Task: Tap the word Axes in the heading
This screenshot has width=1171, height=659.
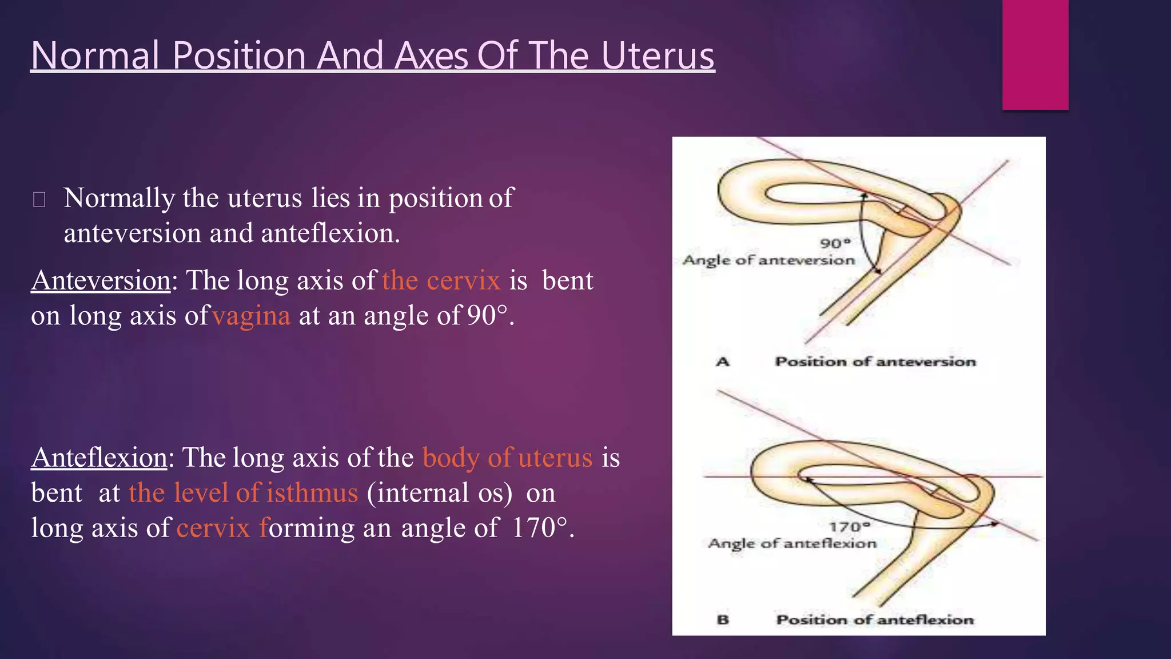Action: coord(431,56)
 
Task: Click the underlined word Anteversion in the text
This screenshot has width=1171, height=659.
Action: coord(101,280)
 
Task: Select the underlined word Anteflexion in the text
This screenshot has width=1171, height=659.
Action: coord(99,458)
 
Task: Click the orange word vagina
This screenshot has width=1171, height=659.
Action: coord(252,316)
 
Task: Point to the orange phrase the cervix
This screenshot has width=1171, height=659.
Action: coord(441,280)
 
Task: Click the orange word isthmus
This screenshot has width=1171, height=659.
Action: coord(312,493)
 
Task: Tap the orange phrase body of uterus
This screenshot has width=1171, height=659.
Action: coord(507,458)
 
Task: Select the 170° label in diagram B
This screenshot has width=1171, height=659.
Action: coord(849,526)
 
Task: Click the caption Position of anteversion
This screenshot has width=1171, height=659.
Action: coord(875,362)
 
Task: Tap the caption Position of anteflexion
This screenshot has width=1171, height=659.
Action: coord(874,620)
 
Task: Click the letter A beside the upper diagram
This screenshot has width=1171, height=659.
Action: coord(723,362)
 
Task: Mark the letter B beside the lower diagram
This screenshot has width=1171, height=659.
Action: coord(723,620)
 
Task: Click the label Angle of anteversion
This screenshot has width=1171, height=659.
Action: coord(768,260)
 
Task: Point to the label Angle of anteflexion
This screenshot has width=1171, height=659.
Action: coord(792,543)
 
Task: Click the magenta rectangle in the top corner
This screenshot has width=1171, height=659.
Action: coord(1035,54)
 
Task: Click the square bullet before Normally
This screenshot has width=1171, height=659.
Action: coord(39,200)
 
